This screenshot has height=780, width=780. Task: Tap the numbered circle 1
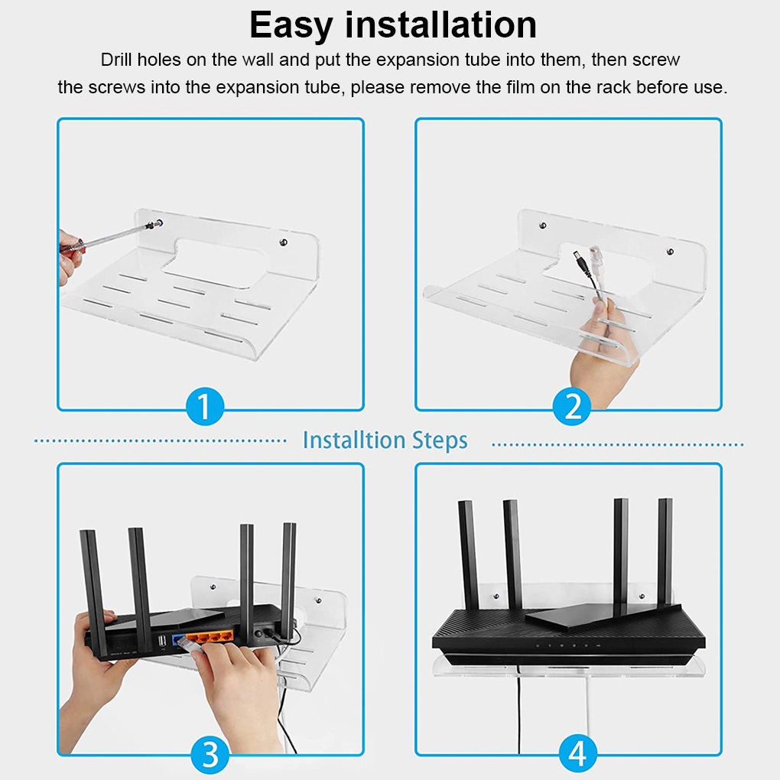pos(204,406)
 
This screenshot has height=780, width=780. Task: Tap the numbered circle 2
pos(572,406)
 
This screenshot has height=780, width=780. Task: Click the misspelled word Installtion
pos(354,440)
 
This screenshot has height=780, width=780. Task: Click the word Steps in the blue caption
pos(440,440)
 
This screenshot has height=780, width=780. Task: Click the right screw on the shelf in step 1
pos(283,243)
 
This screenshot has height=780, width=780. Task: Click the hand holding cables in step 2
pos(600,348)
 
